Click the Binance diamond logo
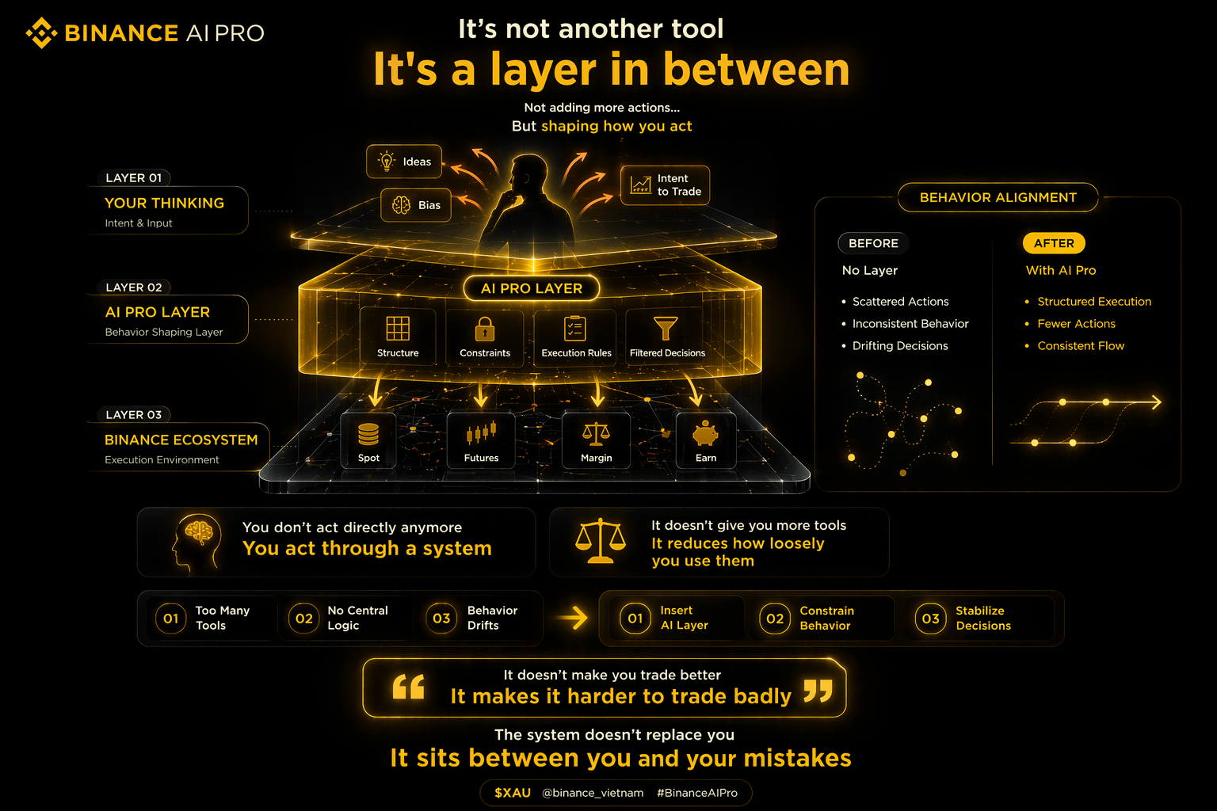(41, 32)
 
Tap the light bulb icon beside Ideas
(387, 162)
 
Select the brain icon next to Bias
(401, 205)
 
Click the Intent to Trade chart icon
(640, 185)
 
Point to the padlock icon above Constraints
(485, 329)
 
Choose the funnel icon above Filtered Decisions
(666, 328)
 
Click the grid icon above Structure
(398, 328)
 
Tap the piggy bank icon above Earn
(705, 433)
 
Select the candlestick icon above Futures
(481, 432)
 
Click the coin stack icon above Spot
(368, 434)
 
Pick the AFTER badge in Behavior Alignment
(1054, 243)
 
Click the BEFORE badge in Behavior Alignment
(873, 243)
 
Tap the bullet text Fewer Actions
(1076, 324)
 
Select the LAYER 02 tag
(134, 287)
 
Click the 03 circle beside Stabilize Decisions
(930, 619)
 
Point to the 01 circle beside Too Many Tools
(170, 619)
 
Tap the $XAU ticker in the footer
(513, 793)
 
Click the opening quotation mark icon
(408, 687)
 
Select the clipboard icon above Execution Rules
(574, 328)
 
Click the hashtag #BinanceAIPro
(697, 793)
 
